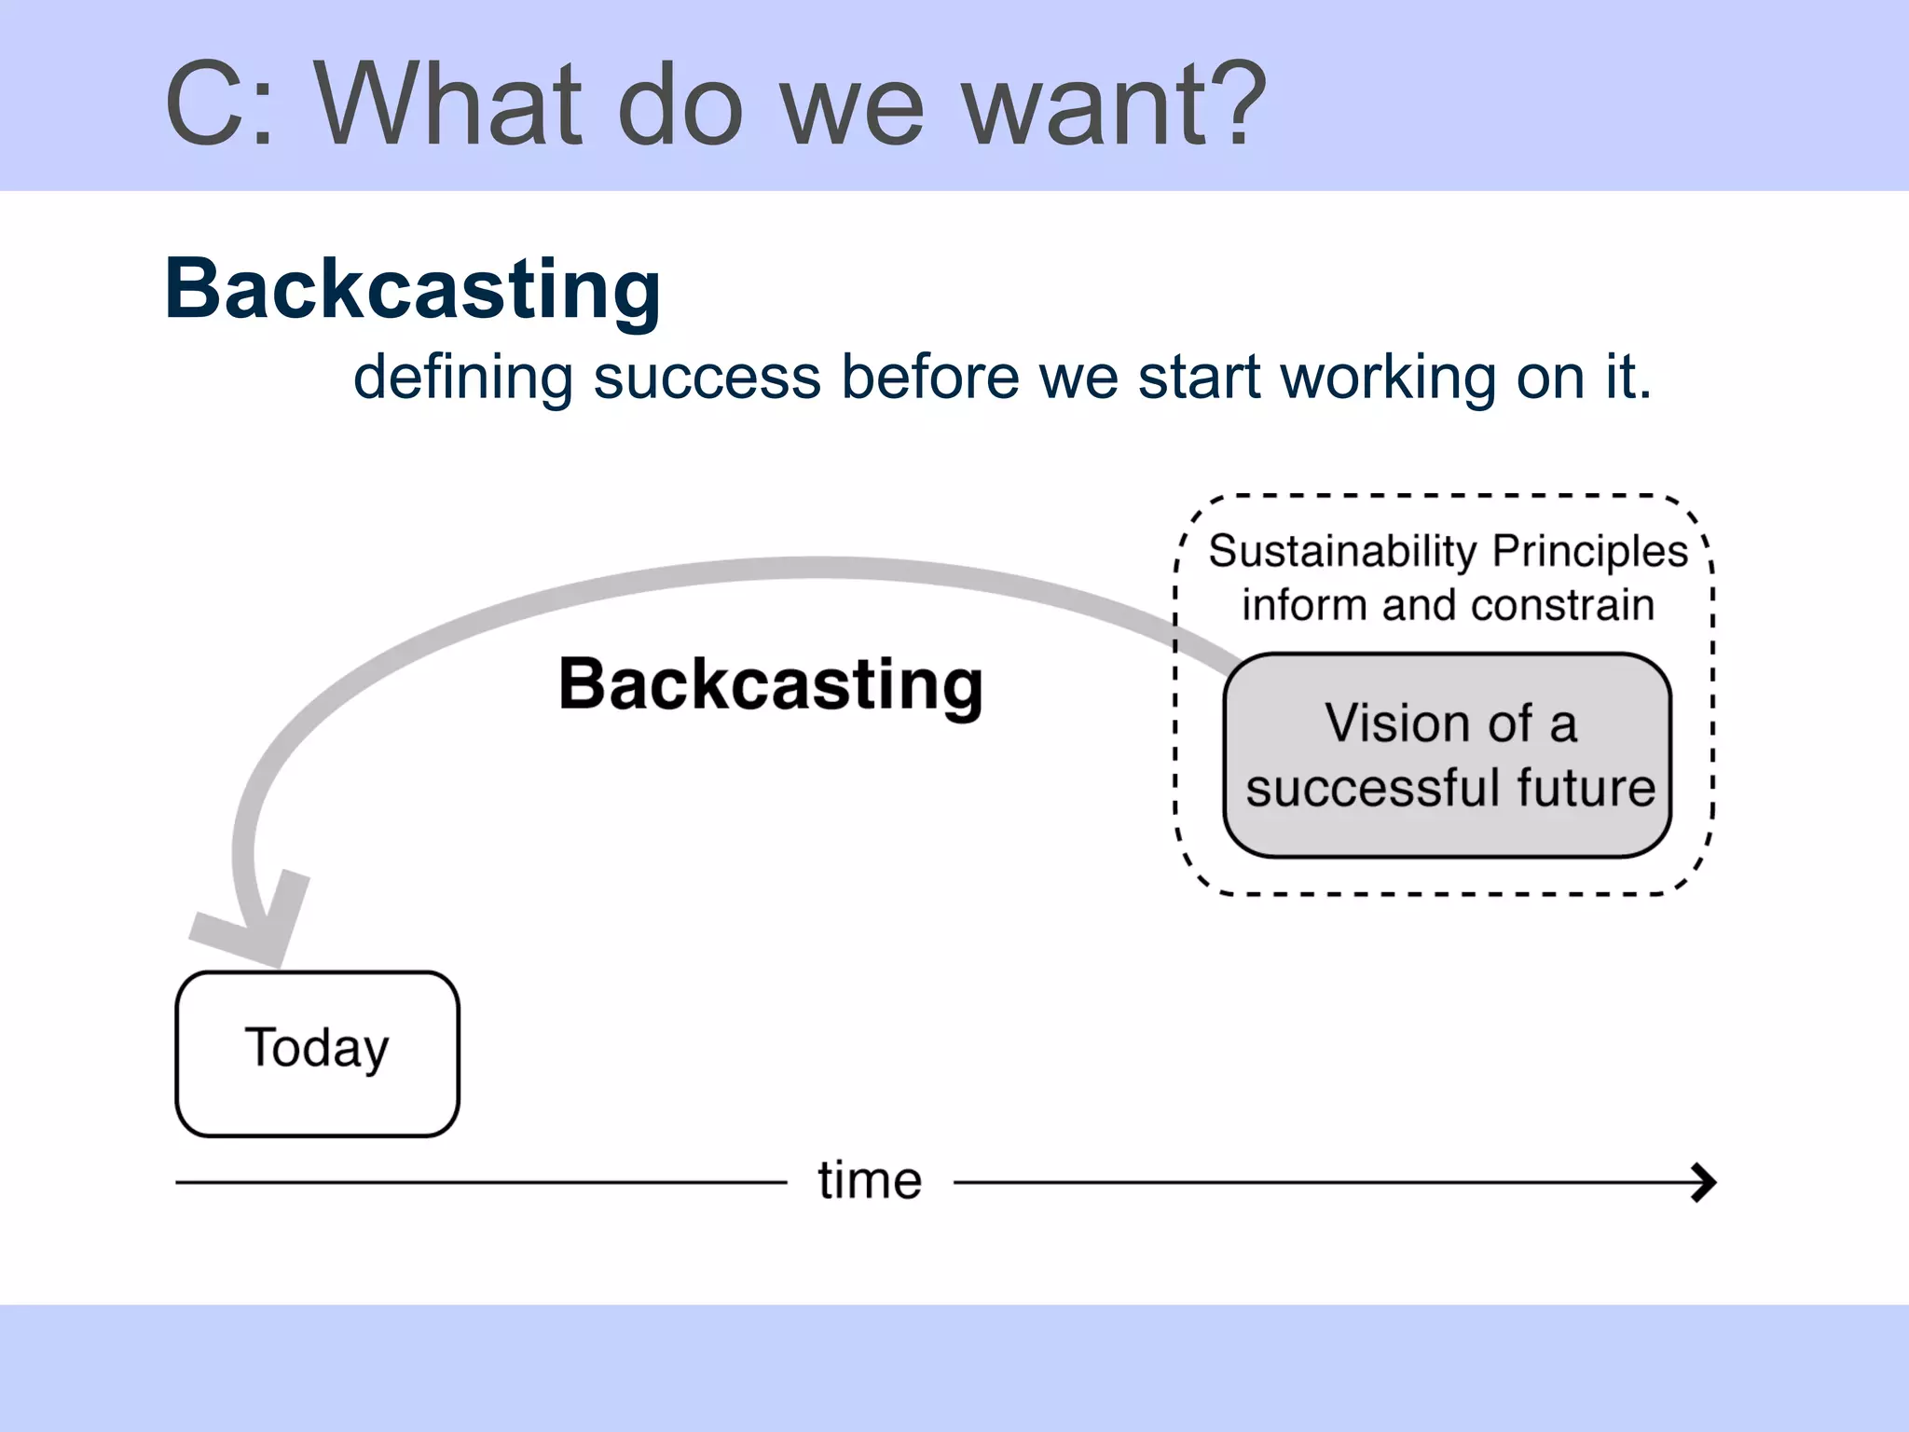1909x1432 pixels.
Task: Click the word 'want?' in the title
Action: click(1113, 104)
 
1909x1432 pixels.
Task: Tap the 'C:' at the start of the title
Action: click(220, 104)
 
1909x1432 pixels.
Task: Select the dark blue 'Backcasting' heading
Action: click(412, 289)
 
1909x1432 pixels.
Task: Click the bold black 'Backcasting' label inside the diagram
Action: click(770, 684)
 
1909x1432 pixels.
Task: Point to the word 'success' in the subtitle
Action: click(707, 378)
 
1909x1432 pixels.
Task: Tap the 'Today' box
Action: click(317, 1053)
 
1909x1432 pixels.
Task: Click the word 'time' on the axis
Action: click(870, 1180)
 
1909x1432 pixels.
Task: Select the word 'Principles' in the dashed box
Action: click(1589, 552)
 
